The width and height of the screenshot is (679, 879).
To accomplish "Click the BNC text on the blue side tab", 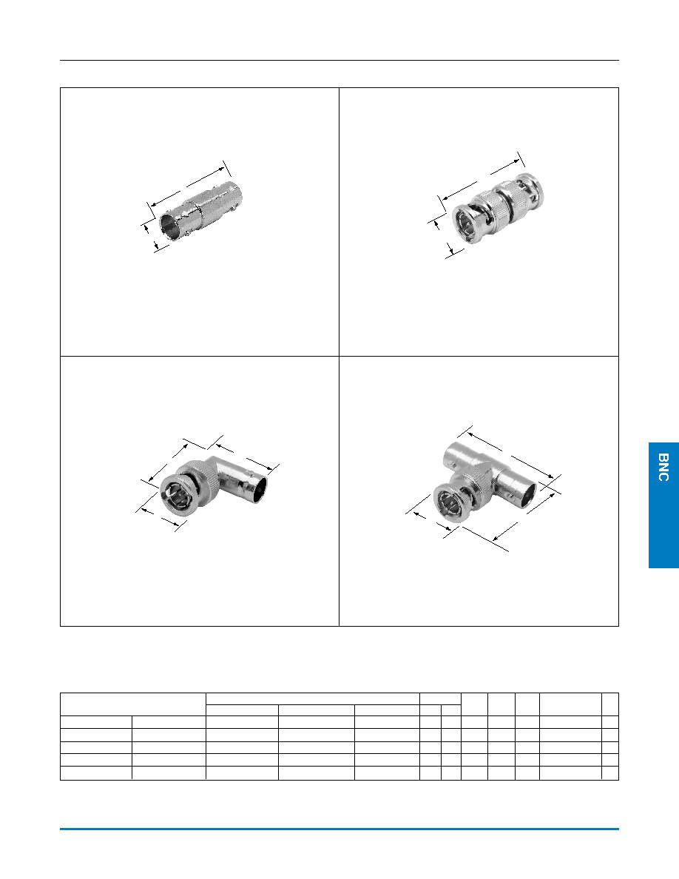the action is tap(664, 468).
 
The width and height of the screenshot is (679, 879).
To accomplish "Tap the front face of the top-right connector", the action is tap(465, 225).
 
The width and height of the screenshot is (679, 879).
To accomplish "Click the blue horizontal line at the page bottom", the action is tap(339, 829).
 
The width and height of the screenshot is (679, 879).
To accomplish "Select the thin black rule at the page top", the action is tap(339, 60).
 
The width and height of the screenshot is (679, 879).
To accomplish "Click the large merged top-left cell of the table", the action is tap(133, 704).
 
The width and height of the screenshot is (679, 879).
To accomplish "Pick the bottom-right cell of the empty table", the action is tap(610, 773).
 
